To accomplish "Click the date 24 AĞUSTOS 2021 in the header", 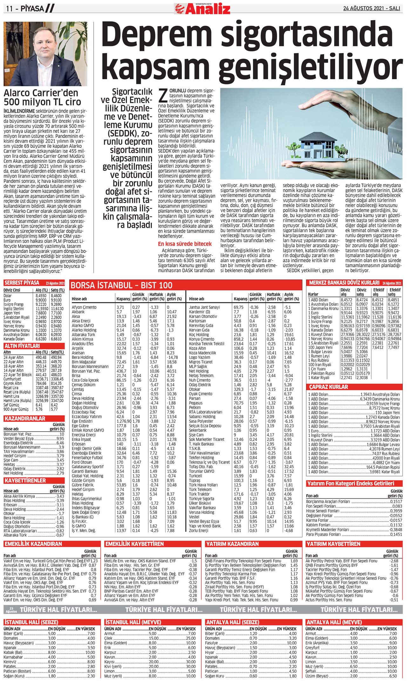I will point(371,9).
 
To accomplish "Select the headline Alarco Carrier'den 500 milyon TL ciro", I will point(42,97).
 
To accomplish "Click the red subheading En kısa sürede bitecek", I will point(185,244).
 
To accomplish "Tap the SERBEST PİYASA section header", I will point(22,283).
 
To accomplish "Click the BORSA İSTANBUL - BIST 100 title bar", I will point(122,285).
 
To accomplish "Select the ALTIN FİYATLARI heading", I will point(22,346).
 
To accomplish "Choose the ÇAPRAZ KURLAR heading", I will point(328,387).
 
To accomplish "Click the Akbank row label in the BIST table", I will point(78,312).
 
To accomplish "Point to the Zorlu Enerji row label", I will point(199,531).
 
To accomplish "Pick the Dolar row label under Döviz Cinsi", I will point(8,295).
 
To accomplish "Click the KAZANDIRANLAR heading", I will point(25,419).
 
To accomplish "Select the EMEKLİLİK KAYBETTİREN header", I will point(134,544).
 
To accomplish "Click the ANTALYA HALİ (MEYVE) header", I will point(334,622).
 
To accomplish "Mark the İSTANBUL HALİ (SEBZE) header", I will point(31,622).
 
